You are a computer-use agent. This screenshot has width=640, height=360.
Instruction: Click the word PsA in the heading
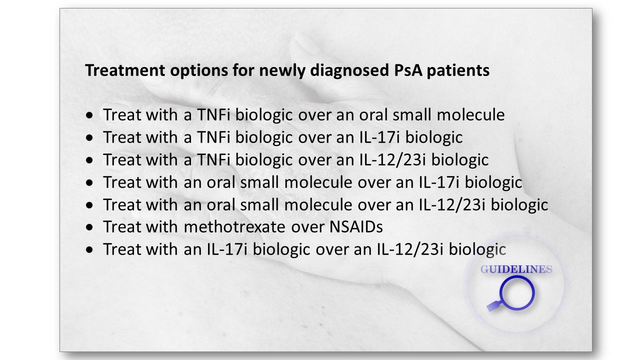[407, 70]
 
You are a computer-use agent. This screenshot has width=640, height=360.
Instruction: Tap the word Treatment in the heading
[125, 70]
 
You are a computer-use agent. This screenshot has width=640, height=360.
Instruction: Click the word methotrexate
[234, 227]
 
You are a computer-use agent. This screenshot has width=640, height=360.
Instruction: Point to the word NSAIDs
[356, 227]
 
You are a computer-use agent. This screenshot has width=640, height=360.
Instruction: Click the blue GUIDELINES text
[516, 269]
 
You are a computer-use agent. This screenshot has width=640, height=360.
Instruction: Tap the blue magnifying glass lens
[517, 293]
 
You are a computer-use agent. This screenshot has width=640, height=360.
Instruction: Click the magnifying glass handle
[493, 306]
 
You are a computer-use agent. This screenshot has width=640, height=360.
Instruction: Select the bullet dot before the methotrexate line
[89, 227]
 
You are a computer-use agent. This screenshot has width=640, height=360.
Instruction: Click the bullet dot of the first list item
[89, 115]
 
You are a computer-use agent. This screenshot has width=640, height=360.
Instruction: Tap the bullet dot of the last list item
[89, 249]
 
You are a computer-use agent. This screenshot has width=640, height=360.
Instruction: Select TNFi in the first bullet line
[213, 115]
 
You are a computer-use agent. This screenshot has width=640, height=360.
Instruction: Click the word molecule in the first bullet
[471, 115]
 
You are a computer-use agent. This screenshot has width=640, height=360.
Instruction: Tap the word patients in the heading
[458, 71]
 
